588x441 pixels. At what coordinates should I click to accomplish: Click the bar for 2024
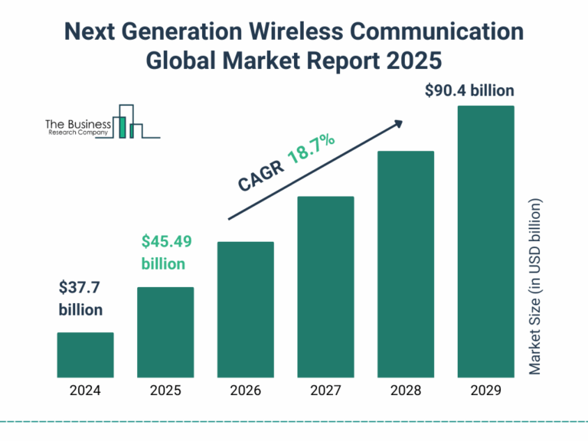tap(85, 355)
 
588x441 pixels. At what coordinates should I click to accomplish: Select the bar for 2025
tap(165, 332)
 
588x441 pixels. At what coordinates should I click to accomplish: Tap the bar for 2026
tap(245, 309)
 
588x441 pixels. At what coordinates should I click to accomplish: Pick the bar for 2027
tap(325, 287)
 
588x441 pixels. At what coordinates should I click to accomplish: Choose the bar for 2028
tap(406, 264)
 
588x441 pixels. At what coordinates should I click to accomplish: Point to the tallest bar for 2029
tap(485, 241)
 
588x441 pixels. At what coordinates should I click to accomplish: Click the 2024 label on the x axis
tap(85, 390)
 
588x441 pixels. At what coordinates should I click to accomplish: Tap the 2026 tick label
tap(245, 390)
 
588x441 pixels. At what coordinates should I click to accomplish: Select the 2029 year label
tap(485, 390)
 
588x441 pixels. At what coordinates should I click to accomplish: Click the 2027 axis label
tap(325, 390)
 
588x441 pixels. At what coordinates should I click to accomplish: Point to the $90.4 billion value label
tap(469, 91)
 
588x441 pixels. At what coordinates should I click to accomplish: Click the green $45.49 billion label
tap(166, 253)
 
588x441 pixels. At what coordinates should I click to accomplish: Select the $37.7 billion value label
tap(80, 299)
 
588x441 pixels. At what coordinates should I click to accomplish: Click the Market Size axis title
tap(535, 287)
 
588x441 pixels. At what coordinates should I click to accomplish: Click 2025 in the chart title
tap(421, 59)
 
